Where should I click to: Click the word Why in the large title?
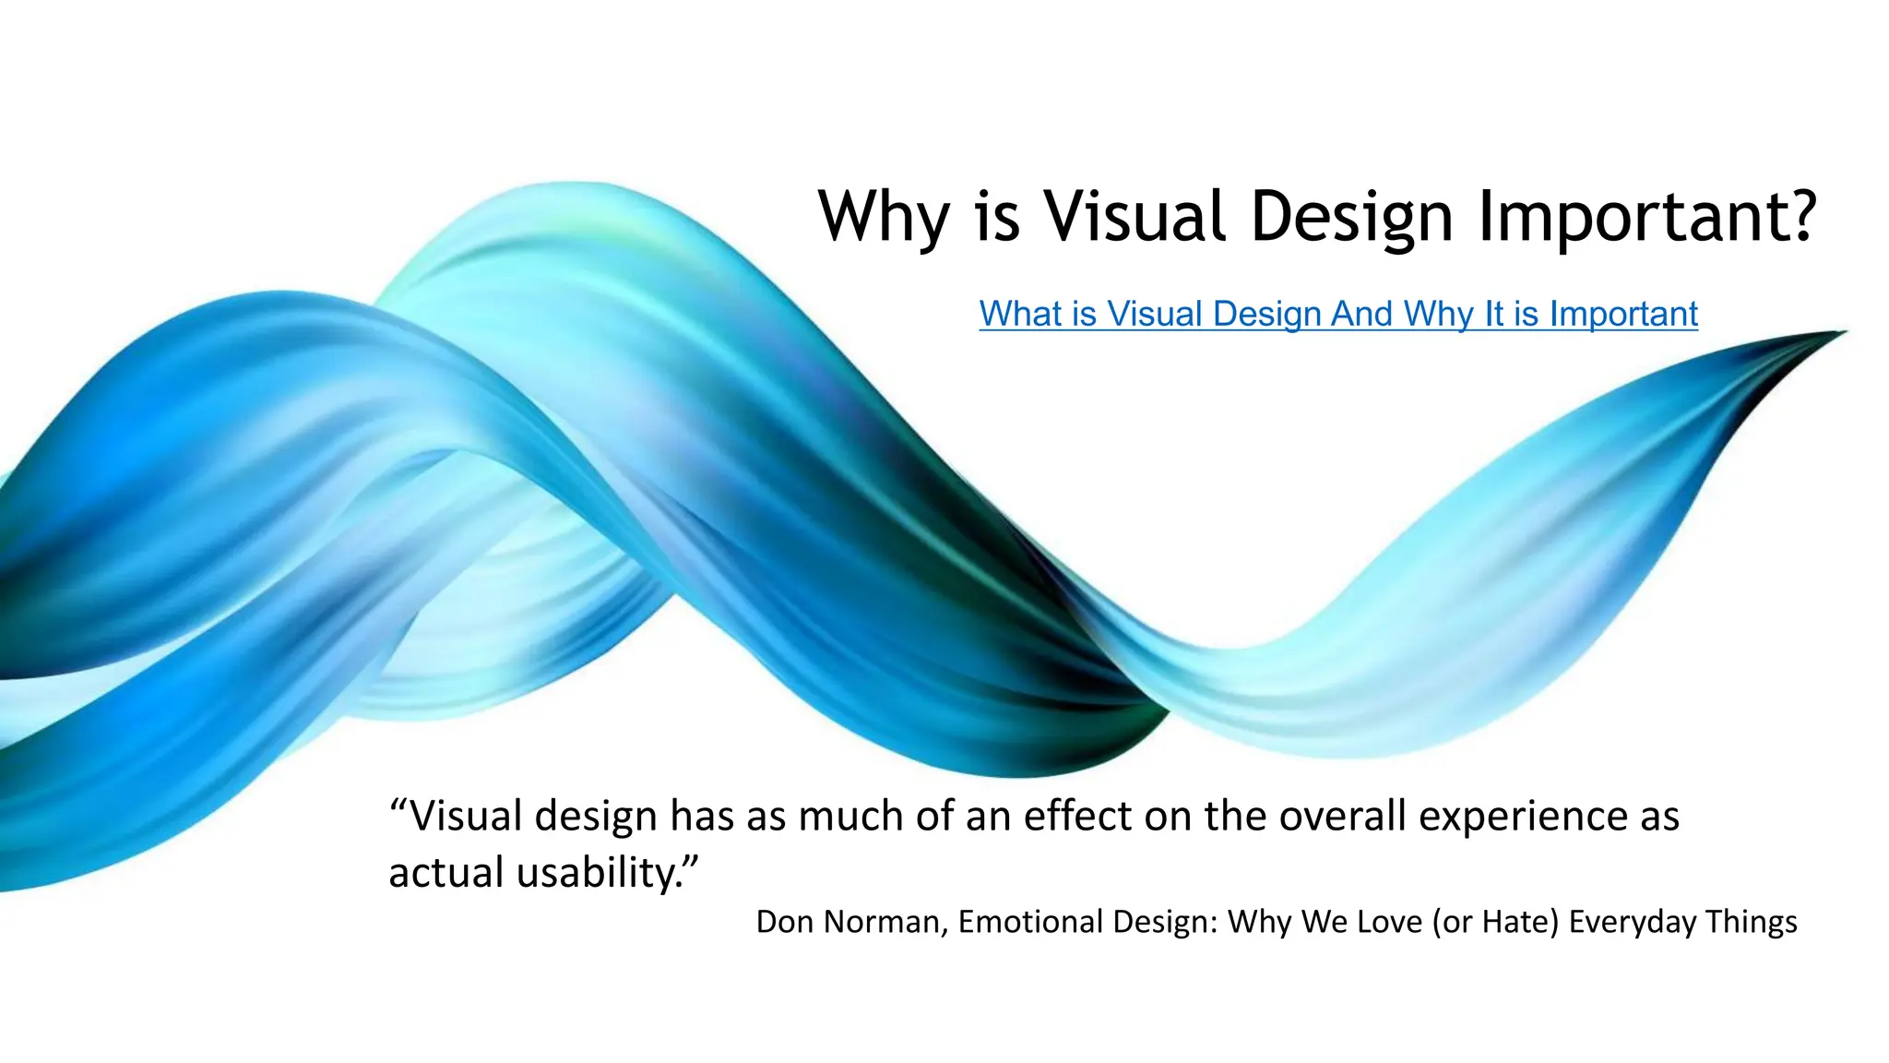click(884, 218)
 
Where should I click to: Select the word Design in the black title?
click(1351, 218)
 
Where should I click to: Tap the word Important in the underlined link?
click(1623, 314)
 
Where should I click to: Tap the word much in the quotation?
click(849, 816)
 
